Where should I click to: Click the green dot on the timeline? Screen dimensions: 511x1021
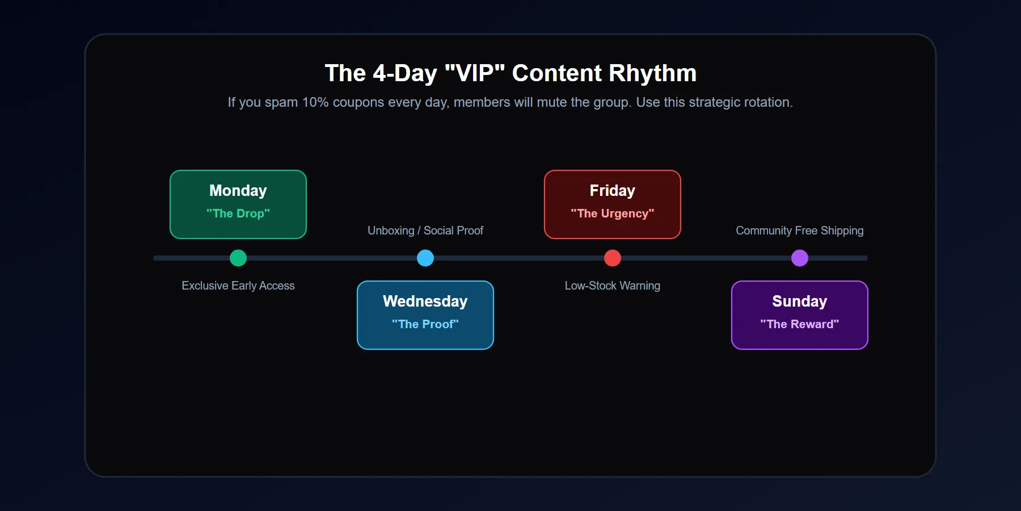(238, 258)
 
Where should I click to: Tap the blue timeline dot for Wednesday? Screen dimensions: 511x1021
(425, 258)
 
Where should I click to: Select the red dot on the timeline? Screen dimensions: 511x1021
(613, 258)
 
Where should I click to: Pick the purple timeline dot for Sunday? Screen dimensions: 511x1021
(800, 258)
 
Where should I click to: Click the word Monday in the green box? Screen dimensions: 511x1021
(238, 191)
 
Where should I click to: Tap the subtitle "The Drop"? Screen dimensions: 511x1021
(238, 213)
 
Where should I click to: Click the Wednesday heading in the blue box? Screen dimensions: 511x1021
(425, 301)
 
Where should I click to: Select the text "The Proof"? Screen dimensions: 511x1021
(425, 324)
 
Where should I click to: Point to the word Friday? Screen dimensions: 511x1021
(613, 191)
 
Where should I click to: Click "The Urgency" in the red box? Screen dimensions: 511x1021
(613, 213)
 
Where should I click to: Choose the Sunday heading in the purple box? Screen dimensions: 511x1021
(800, 301)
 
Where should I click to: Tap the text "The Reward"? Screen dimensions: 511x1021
(800, 324)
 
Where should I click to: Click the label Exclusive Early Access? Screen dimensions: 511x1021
(238, 286)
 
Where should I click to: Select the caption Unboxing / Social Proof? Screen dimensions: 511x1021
(425, 231)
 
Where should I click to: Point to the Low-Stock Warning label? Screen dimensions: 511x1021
(613, 286)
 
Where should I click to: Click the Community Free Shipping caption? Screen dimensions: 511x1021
(800, 231)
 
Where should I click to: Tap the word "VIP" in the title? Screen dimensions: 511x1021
(475, 73)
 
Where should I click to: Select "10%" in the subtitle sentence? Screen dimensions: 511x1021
(315, 102)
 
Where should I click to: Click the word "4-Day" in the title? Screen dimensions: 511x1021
(405, 73)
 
